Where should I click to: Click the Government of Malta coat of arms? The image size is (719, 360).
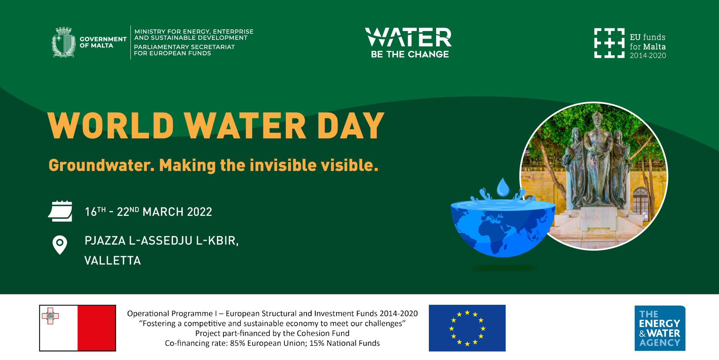point(64,42)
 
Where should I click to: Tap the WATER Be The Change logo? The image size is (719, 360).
point(409,43)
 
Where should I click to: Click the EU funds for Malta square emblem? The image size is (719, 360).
point(609,43)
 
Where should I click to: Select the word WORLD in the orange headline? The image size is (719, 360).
point(111,126)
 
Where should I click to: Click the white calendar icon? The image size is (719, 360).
point(60,211)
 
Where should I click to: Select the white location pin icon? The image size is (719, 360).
point(60,245)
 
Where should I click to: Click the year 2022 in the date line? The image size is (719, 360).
point(199,212)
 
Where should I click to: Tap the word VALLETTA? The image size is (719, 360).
point(113,261)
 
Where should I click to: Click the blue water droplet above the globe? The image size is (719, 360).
point(503,187)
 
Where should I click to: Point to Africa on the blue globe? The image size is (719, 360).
point(494,232)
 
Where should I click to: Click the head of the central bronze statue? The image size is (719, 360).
point(596,120)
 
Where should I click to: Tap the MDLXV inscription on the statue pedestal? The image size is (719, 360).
point(598,218)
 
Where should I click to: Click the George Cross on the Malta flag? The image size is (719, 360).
point(50,316)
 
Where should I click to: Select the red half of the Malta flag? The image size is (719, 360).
point(97,328)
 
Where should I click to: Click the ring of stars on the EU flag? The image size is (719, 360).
point(467,328)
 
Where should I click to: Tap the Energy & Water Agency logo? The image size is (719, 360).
point(660,328)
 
